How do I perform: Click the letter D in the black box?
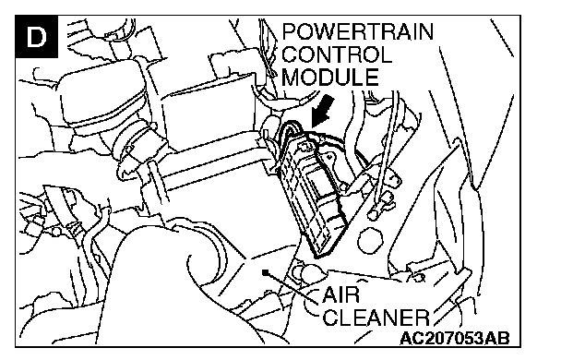37,36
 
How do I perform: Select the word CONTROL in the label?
337,54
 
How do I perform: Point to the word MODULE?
329,77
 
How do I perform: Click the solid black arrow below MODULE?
322,111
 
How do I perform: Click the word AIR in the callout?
340,295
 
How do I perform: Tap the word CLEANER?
376,317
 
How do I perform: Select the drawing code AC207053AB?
454,338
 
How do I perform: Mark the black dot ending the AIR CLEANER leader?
265,272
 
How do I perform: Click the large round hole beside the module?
370,239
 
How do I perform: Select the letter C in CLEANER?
331,317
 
